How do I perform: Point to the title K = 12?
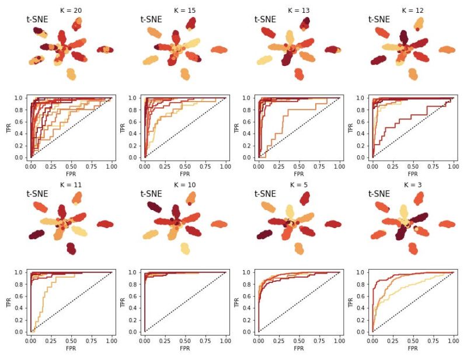tap(412, 10)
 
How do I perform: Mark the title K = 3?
tap(412, 184)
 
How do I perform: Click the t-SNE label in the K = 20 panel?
tap(37, 19)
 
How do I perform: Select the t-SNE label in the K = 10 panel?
tap(151, 194)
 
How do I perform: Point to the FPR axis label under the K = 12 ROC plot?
tap(412, 174)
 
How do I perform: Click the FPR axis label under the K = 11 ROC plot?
tap(71, 348)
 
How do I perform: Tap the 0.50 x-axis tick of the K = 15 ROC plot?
tap(184, 166)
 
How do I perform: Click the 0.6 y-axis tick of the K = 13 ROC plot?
tap(250, 122)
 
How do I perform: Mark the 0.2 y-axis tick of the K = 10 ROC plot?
tap(136, 320)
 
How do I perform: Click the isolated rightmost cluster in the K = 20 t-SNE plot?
tap(105, 50)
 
